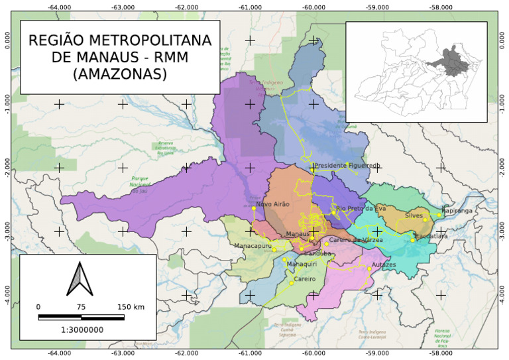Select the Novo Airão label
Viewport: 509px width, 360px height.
point(273,204)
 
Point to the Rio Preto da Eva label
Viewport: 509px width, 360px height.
point(361,209)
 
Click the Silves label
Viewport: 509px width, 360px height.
point(412,215)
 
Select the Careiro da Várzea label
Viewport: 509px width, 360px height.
point(356,239)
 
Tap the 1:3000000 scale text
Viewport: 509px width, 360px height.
point(82,330)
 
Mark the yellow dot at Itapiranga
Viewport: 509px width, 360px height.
point(439,215)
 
